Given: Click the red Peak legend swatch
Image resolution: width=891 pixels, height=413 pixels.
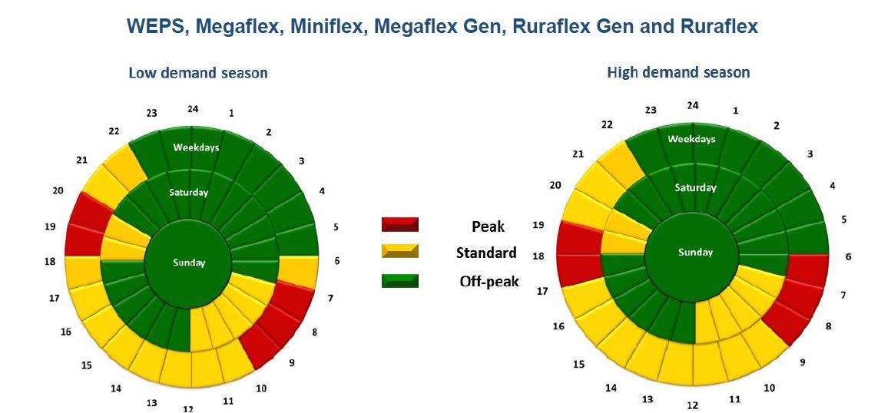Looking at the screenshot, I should [x=399, y=224].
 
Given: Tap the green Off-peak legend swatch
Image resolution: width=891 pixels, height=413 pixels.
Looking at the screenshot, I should [x=399, y=281].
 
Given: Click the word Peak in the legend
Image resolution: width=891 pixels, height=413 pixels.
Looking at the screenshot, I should [x=488, y=226].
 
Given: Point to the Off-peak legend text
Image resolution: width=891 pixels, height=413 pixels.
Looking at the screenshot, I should [x=489, y=281].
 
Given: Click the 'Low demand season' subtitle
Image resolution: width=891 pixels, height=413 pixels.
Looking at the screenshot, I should [x=197, y=73].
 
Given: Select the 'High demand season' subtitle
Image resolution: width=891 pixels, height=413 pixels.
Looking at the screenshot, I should [x=678, y=72].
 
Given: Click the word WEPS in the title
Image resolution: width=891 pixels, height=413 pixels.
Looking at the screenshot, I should [x=155, y=27].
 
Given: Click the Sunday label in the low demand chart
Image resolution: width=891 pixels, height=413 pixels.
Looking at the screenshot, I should [x=189, y=263].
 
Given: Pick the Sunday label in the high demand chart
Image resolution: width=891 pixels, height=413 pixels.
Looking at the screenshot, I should [x=695, y=252].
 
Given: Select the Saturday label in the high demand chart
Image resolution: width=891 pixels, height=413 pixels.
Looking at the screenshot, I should [x=695, y=187].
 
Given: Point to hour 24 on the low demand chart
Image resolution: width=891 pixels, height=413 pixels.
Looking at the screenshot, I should [x=193, y=108].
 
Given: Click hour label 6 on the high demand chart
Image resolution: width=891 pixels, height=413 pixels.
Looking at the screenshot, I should [x=848, y=256].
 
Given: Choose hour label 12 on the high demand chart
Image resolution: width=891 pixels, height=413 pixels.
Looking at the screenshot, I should [x=693, y=405].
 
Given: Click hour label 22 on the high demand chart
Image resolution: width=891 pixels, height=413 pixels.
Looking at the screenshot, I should [x=606, y=124].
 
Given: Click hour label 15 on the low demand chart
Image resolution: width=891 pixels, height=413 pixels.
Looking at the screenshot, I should [x=87, y=365].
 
